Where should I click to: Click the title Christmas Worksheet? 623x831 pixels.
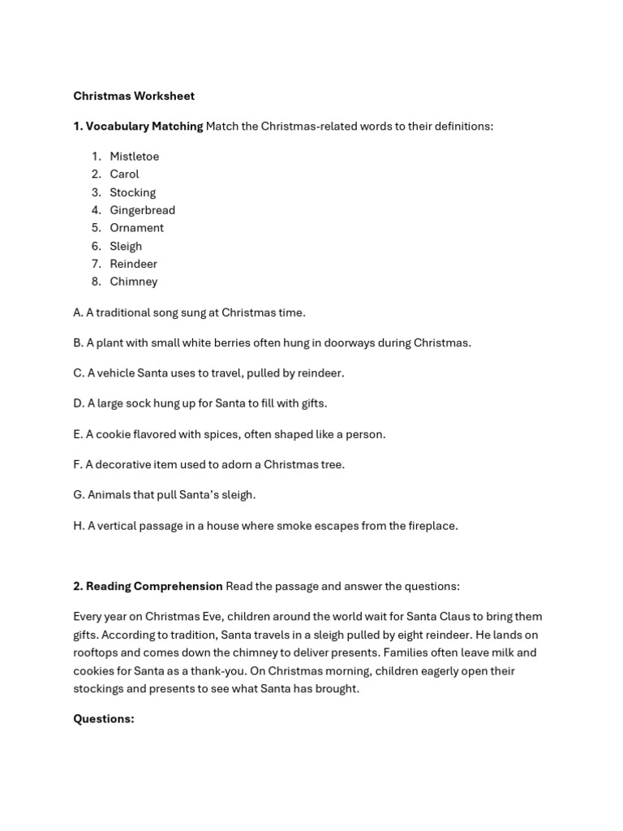point(134,96)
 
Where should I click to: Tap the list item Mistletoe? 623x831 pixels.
point(135,156)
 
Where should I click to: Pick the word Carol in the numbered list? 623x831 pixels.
point(124,174)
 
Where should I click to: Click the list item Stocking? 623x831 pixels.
point(132,192)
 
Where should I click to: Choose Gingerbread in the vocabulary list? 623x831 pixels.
point(142,210)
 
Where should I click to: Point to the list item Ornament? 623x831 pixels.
point(136,228)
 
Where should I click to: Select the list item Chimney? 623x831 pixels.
point(134,282)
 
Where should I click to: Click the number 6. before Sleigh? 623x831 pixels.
point(96,246)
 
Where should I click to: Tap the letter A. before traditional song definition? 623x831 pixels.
point(78,312)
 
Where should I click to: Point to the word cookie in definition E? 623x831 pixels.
point(113,434)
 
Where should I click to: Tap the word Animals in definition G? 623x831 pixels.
point(109,494)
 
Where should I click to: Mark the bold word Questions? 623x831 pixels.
point(104,719)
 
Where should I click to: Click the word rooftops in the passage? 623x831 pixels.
point(97,652)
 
